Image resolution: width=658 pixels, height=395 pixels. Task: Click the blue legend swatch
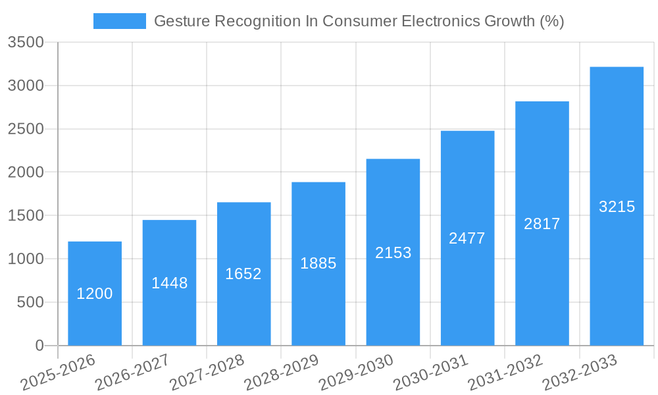120,21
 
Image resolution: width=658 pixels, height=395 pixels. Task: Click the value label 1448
170,283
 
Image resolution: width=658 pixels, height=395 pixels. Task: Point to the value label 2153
393,252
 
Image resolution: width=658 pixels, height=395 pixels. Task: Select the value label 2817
542,224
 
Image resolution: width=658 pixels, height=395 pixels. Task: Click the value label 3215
617,207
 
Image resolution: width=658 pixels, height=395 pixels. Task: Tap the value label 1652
243,274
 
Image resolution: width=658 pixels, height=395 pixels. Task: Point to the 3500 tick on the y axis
26,43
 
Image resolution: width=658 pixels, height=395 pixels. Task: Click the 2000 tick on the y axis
26,172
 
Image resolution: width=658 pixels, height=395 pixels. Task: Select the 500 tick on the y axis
31,303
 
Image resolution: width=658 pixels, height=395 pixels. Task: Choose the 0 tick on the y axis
39,346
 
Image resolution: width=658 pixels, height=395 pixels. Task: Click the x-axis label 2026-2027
132,373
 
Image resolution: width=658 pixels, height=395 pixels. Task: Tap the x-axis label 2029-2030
356,373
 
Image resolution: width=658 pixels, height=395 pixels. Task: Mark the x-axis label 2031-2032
505,373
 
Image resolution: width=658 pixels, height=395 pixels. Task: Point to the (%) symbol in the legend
551,21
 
